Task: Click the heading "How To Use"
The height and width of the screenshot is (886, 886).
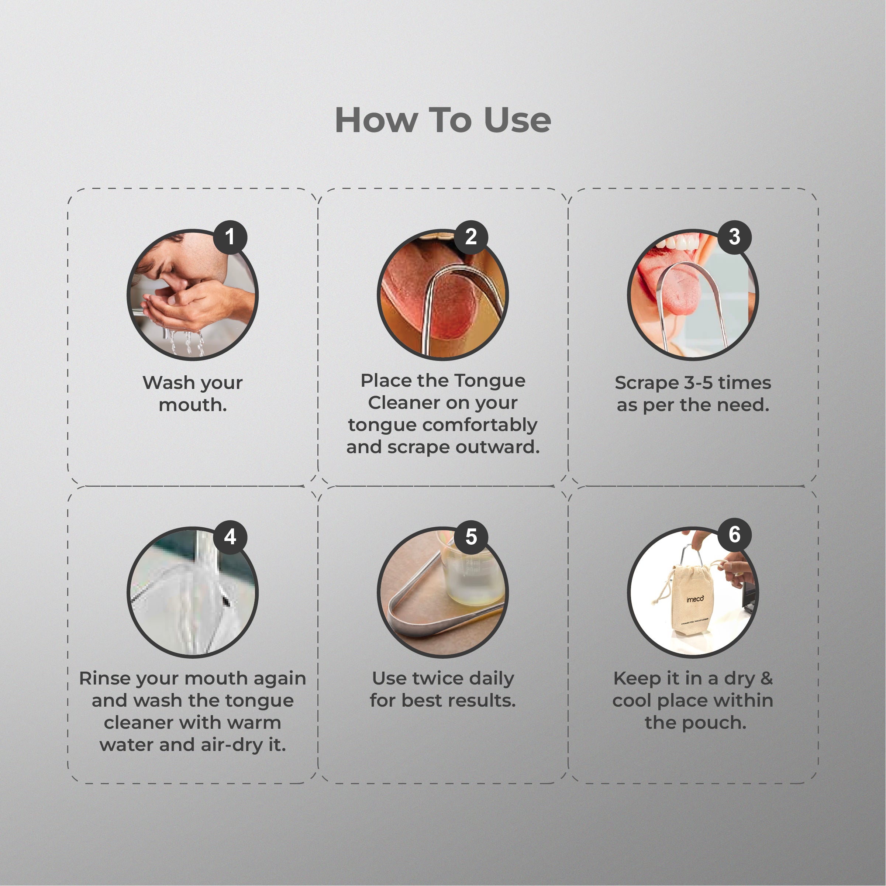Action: pyautogui.click(x=443, y=120)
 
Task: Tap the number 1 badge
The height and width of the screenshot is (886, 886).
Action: pyautogui.click(x=230, y=237)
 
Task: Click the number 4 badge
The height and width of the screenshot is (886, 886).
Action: pyautogui.click(x=230, y=537)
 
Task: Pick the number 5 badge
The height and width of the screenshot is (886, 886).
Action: pyautogui.click(x=471, y=537)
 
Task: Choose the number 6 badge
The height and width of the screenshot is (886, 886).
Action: pyautogui.click(x=734, y=535)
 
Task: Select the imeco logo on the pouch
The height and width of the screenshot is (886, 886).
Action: pyautogui.click(x=695, y=599)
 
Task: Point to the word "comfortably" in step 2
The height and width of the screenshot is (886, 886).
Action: pyautogui.click(x=480, y=425)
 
